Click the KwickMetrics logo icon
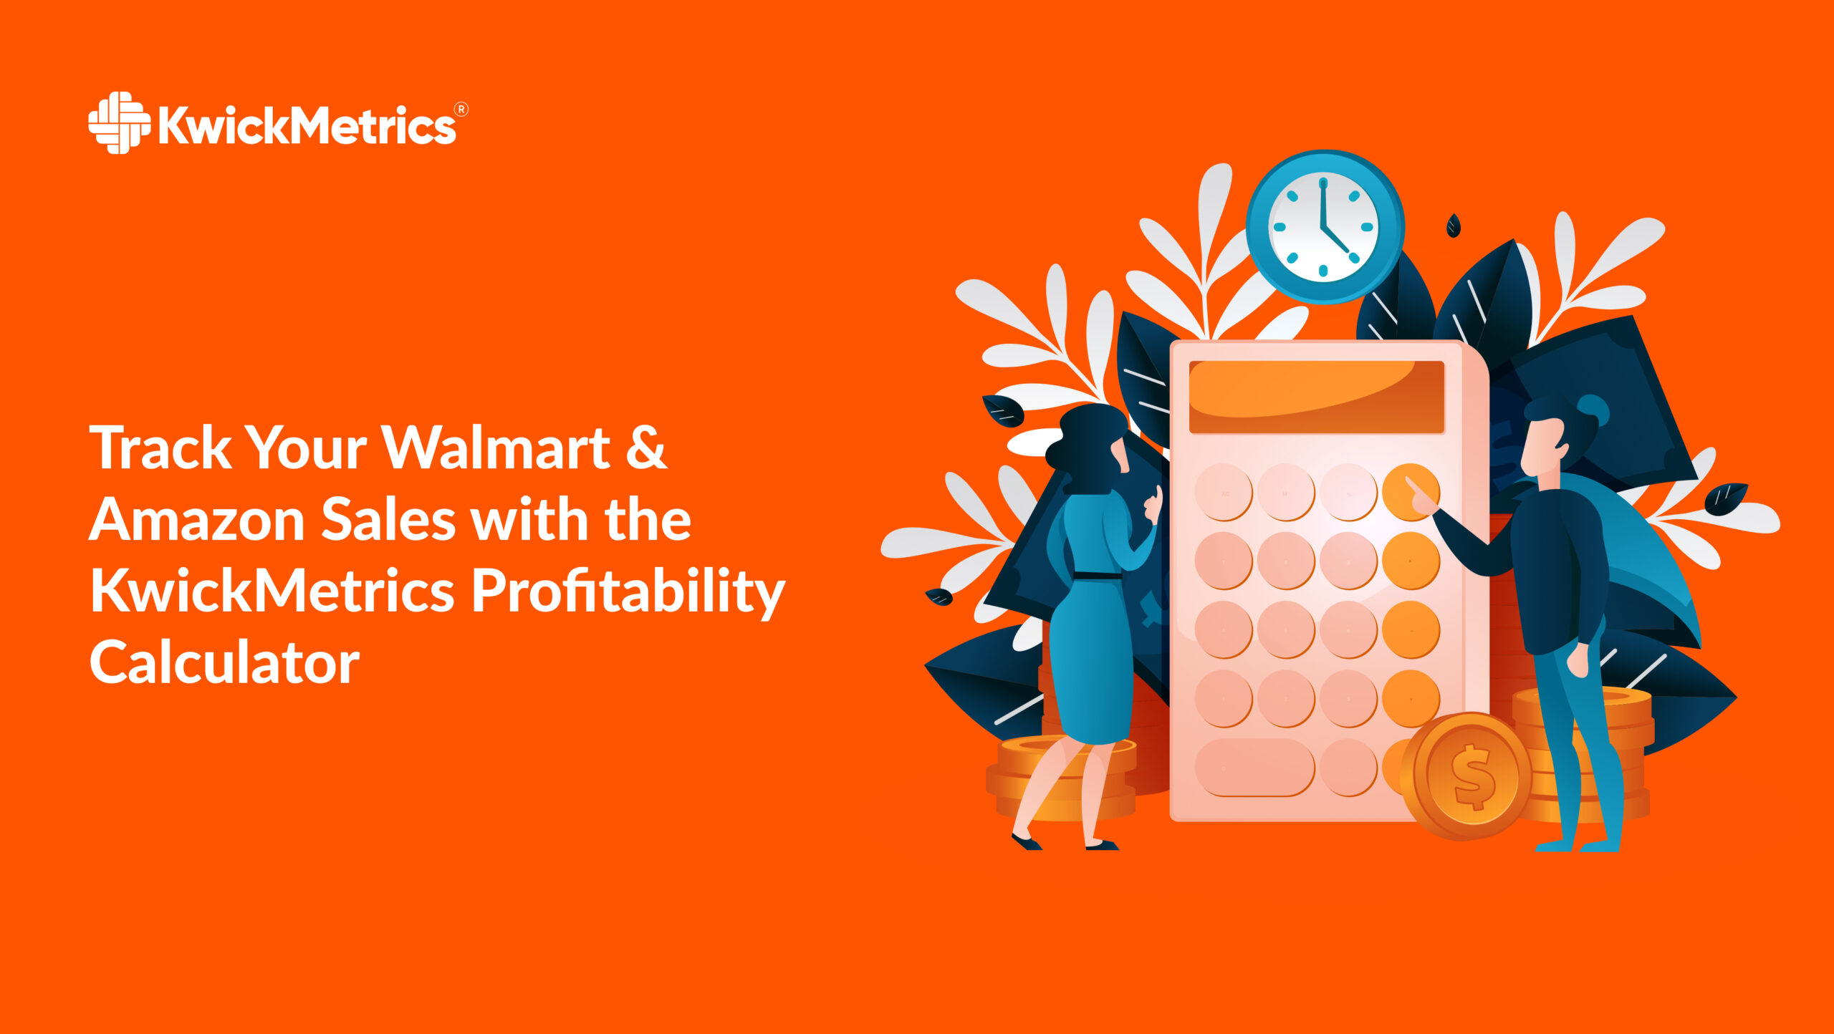tap(119, 122)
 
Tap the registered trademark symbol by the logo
tap(461, 110)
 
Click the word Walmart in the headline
tap(496, 448)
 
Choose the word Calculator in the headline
tap(224, 663)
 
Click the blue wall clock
tap(1324, 226)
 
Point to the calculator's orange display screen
tap(1316, 397)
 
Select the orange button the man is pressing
tap(1410, 493)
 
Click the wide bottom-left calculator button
tap(1254, 768)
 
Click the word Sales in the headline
tap(388, 520)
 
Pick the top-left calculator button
tap(1224, 493)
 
